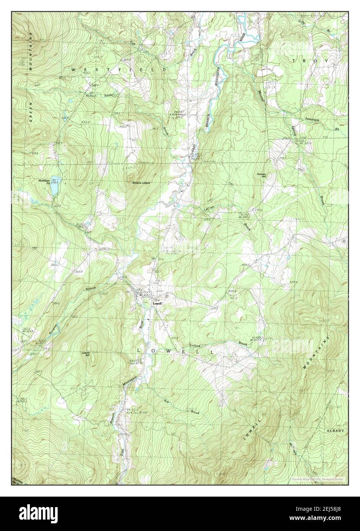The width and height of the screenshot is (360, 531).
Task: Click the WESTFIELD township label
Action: pos(119,70)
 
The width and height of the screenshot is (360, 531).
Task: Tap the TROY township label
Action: pos(310,61)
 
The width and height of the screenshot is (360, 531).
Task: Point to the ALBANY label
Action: pos(335,431)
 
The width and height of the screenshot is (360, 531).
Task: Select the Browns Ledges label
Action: pos(141,183)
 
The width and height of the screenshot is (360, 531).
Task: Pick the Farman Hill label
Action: pos(261,175)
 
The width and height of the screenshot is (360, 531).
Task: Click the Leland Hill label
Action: pos(85,354)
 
